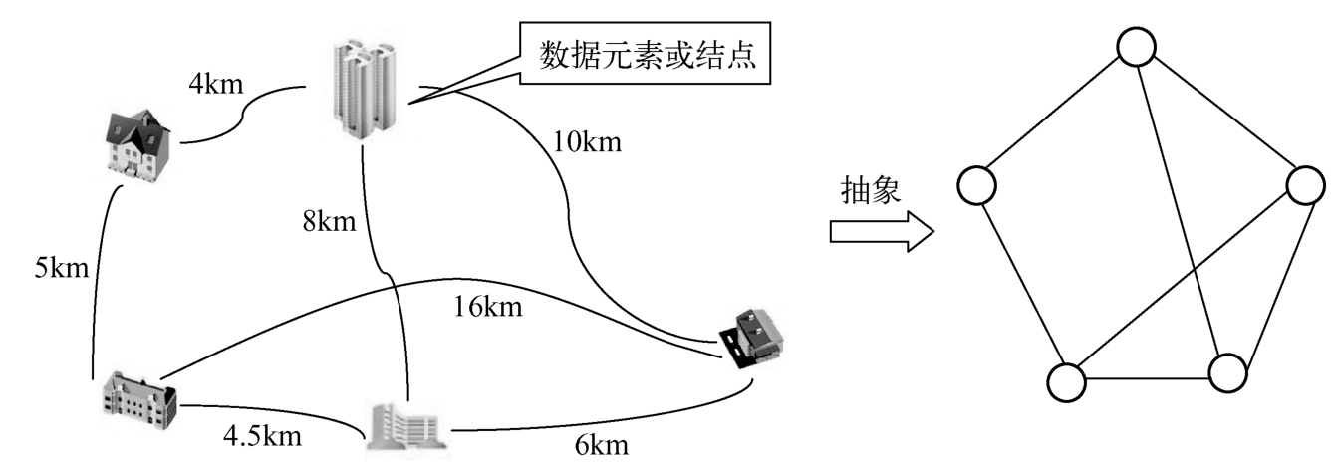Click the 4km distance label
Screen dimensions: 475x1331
click(216, 84)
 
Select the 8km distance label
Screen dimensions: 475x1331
click(330, 221)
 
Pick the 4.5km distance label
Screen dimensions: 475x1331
click(262, 437)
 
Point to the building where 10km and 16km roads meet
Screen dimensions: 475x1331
click(756, 339)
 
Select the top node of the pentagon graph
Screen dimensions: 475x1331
click(1136, 45)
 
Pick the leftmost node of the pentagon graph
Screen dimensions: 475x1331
click(977, 183)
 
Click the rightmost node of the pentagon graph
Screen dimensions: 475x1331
click(1306, 185)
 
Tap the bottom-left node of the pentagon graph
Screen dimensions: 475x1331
click(1066, 380)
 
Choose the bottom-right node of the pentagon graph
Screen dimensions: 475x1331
click(1227, 372)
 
